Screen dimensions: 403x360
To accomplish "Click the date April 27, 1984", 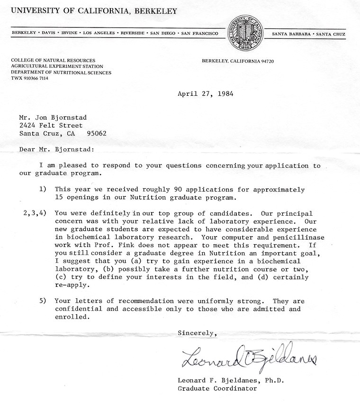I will point(205,94).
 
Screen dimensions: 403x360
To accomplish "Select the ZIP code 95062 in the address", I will point(97,133).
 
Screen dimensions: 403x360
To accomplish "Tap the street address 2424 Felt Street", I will point(51,126).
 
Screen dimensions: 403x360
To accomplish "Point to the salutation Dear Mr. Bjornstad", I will point(56,149).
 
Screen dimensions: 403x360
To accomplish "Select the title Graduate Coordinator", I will point(217,388).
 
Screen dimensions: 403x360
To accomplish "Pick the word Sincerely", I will point(197,333).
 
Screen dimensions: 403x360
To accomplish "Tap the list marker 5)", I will point(42,301).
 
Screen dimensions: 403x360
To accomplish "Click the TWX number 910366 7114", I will point(36,78).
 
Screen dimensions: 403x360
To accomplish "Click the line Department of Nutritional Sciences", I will point(61,73).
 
